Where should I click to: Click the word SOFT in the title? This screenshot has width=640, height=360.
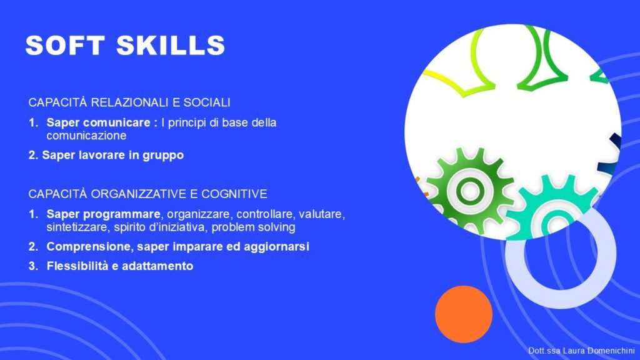(65, 45)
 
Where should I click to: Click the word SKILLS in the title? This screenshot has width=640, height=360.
(171, 45)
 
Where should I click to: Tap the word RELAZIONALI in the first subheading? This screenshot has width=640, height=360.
(129, 102)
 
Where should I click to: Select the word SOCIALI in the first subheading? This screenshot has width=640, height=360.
(207, 102)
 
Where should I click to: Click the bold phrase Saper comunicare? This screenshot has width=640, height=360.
(98, 122)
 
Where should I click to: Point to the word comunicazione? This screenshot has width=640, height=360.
(86, 136)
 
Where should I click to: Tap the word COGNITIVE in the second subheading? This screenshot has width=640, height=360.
(234, 194)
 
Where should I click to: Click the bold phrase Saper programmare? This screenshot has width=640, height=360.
(103, 214)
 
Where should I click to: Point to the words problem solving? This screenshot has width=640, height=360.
(253, 227)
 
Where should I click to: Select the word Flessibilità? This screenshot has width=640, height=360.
(77, 266)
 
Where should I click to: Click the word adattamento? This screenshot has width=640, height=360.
(157, 266)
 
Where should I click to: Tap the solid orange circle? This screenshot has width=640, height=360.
(464, 314)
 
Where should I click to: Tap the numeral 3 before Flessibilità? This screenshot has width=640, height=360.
(32, 266)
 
